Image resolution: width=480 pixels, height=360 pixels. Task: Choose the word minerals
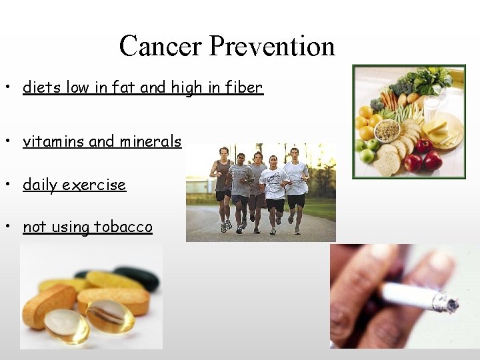click(x=150, y=141)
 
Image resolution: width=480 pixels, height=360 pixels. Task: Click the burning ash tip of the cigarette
click(x=446, y=303)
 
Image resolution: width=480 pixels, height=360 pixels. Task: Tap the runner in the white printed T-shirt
click(x=273, y=184)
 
